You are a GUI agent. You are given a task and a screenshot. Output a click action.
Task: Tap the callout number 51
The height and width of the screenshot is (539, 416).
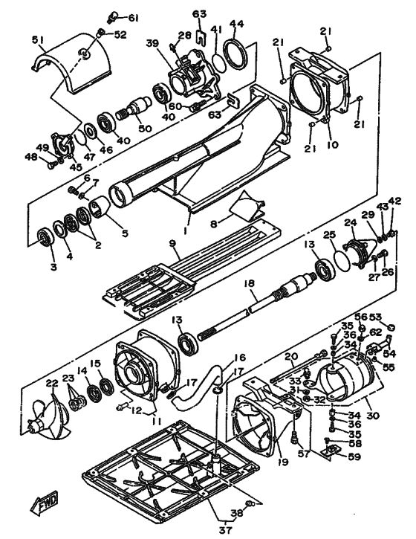pyautogui.click(x=39, y=40)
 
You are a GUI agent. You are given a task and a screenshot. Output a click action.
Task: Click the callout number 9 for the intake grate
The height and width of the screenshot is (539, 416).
pyautogui.click(x=172, y=244)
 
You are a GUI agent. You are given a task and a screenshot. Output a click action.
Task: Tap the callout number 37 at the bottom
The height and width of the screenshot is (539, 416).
pyautogui.click(x=226, y=530)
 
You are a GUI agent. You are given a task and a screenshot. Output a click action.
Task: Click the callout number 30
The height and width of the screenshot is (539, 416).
pyautogui.click(x=372, y=416)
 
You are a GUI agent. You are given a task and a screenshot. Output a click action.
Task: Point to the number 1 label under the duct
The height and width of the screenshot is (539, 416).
pyautogui.click(x=185, y=231)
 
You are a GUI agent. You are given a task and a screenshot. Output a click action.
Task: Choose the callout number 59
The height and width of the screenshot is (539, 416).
pyautogui.click(x=354, y=456)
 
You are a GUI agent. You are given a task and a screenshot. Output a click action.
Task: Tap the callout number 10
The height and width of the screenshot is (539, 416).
pyautogui.click(x=332, y=145)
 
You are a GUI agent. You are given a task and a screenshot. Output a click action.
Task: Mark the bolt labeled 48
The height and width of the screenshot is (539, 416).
pyautogui.click(x=52, y=166)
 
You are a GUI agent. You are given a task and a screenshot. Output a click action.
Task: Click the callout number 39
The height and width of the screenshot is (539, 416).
pyautogui.click(x=153, y=43)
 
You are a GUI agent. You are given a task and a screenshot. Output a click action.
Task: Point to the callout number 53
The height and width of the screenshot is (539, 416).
pyautogui.click(x=375, y=317)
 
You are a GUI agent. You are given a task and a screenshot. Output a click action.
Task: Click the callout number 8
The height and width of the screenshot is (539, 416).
pyautogui.click(x=214, y=224)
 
